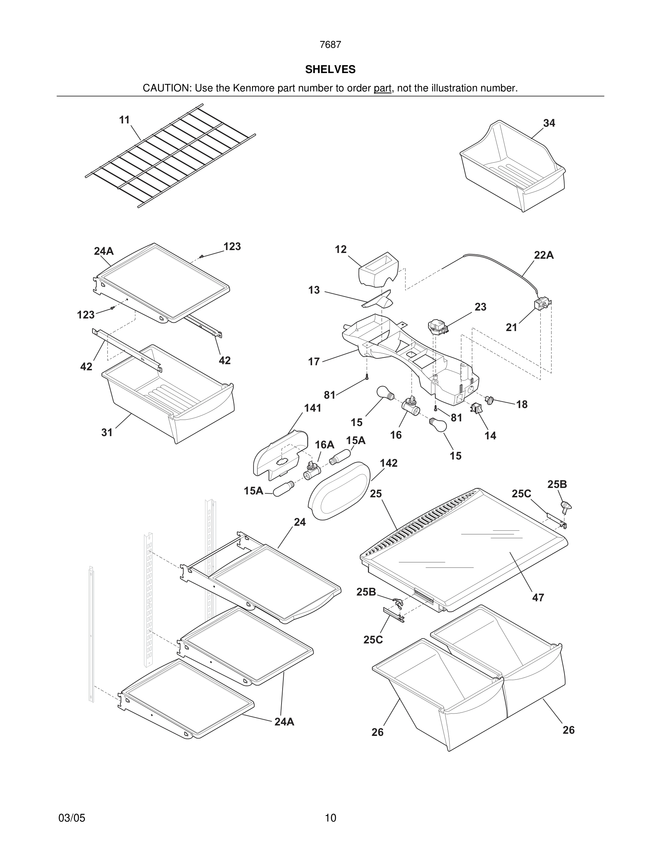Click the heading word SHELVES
point(330,70)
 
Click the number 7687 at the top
point(330,45)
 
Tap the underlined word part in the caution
point(382,89)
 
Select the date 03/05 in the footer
point(72,818)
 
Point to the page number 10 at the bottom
point(330,818)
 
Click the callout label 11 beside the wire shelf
point(124,120)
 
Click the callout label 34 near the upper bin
point(549,123)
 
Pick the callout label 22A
point(544,255)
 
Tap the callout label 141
point(312,408)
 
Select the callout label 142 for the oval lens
point(388,463)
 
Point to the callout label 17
point(314,362)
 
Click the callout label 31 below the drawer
point(107,433)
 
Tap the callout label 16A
point(324,445)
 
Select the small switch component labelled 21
point(542,304)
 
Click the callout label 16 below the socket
point(396,435)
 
